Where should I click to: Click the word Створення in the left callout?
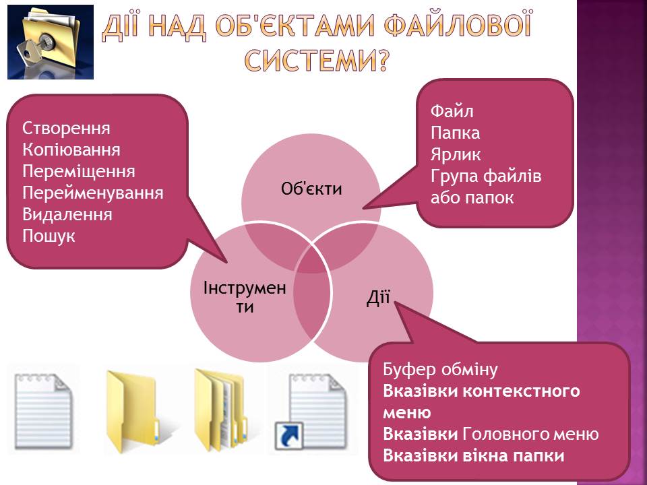(x=67, y=128)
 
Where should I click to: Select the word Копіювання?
(x=71, y=150)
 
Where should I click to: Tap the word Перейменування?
(x=93, y=193)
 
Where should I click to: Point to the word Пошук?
(x=49, y=236)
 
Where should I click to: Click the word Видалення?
(x=67, y=214)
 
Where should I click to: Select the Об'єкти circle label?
(x=311, y=189)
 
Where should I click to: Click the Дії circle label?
(x=378, y=297)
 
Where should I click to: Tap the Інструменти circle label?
(x=245, y=297)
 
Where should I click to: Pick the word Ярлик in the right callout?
(x=456, y=155)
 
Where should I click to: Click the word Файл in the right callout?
(x=452, y=111)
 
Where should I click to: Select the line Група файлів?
(x=486, y=176)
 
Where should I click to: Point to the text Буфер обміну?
(x=440, y=370)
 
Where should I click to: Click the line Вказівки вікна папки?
(x=474, y=456)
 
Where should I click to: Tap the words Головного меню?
(x=530, y=434)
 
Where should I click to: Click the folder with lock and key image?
(x=51, y=42)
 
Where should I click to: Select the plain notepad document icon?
(x=43, y=411)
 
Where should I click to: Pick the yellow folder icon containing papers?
(x=221, y=411)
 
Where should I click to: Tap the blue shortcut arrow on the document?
(x=289, y=435)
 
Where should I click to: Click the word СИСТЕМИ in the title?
(x=316, y=60)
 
